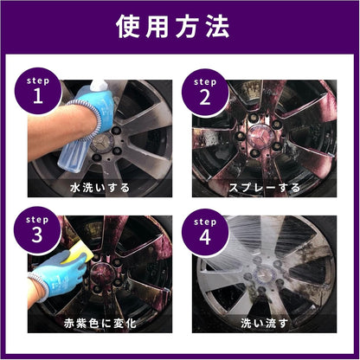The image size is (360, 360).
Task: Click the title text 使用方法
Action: point(180,27)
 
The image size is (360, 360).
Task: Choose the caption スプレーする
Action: point(264,187)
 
